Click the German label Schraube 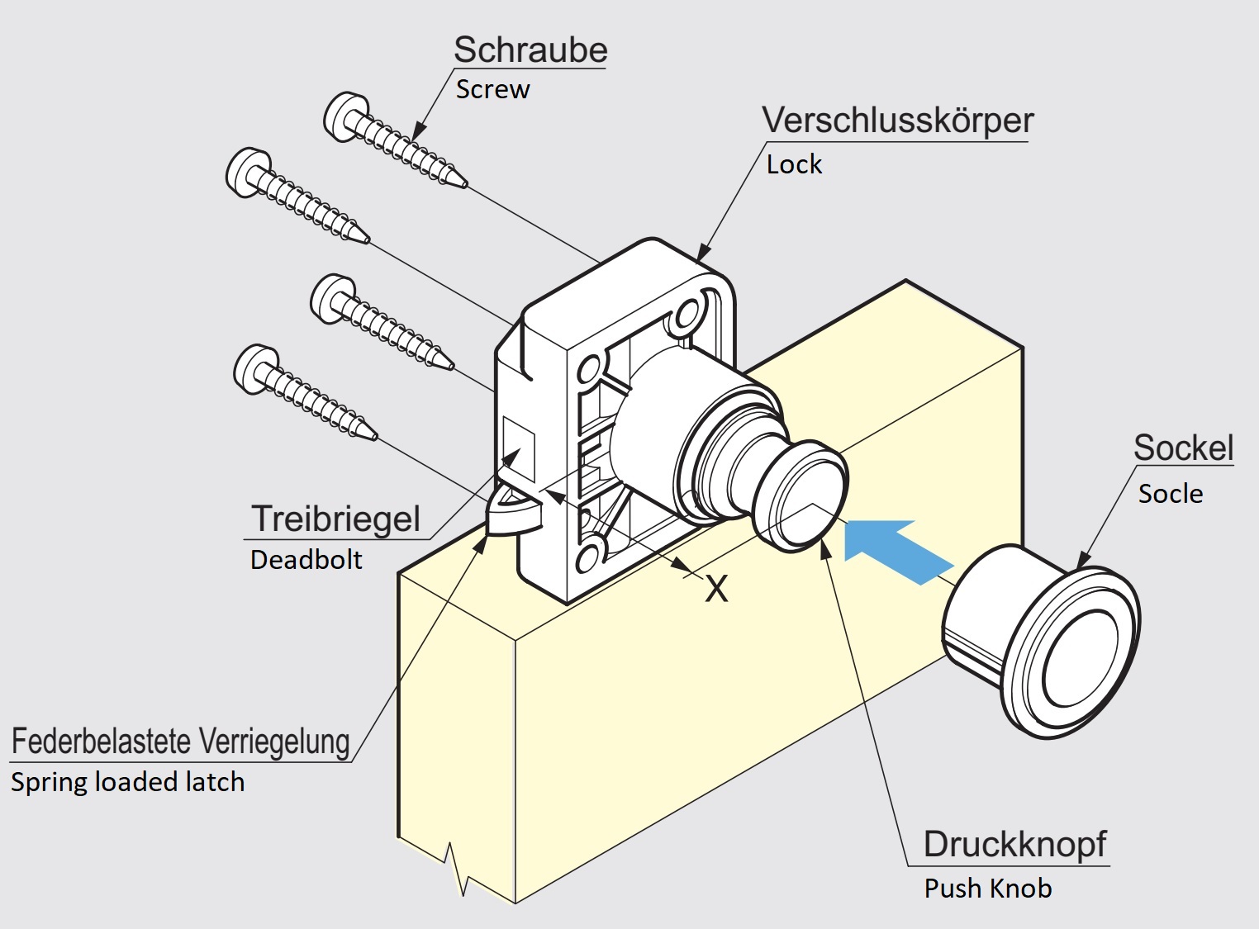[x=530, y=50]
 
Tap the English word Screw [x=492, y=89]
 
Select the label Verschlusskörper [x=897, y=121]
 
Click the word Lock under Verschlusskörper [x=794, y=164]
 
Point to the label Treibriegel [x=336, y=519]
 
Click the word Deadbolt [x=306, y=560]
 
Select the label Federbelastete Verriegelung [x=181, y=741]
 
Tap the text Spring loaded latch [x=128, y=782]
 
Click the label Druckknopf [x=1014, y=844]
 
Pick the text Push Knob [x=988, y=889]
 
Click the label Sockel [x=1183, y=448]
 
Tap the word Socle [x=1170, y=494]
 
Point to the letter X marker [x=716, y=589]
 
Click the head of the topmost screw [x=341, y=116]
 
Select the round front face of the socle [x=1082, y=659]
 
